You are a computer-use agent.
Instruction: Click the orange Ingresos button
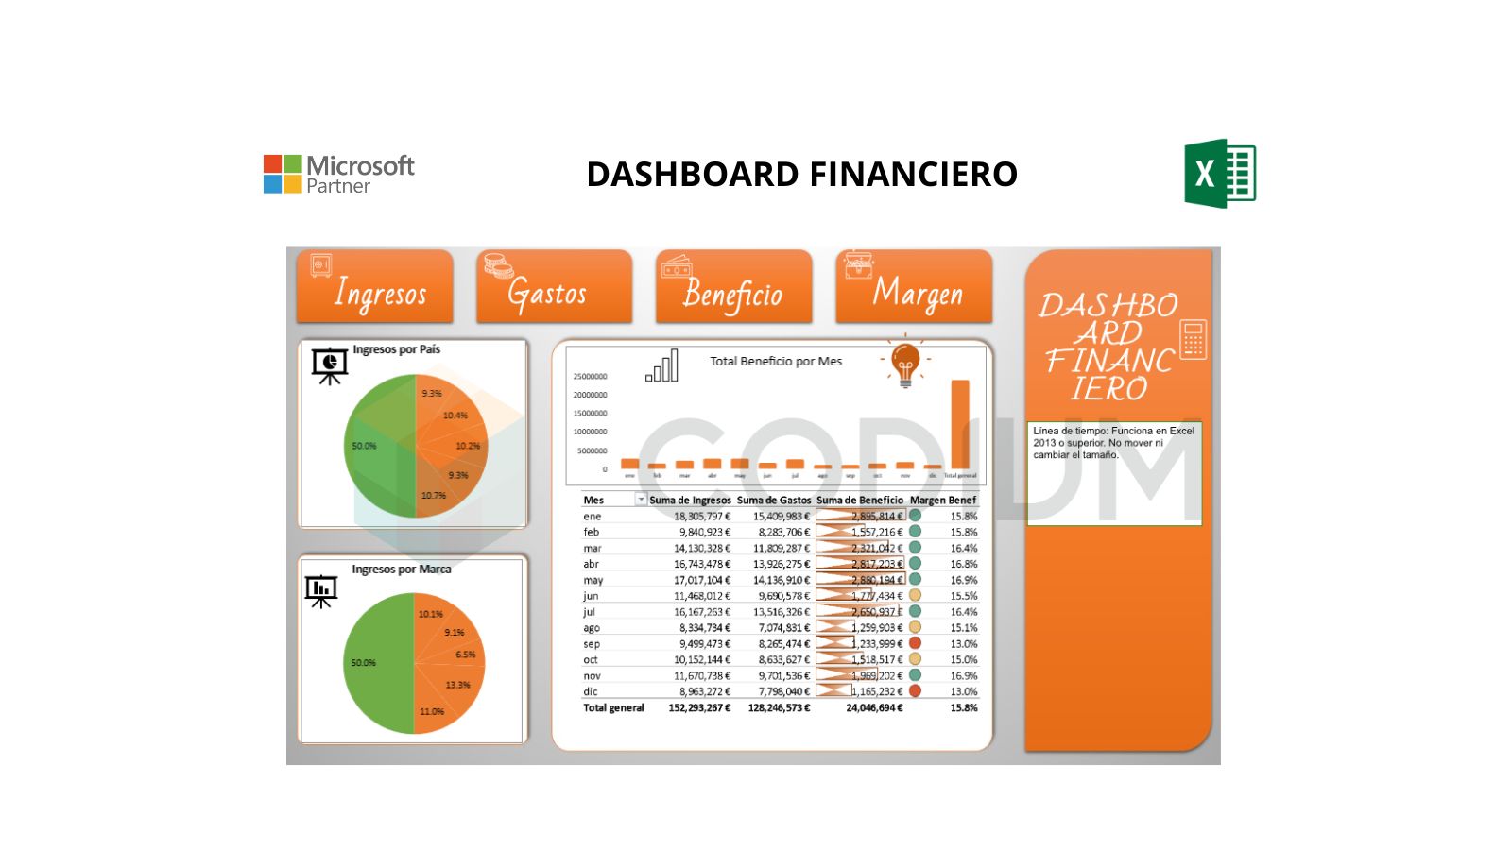tap(374, 287)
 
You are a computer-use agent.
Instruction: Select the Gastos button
tap(554, 287)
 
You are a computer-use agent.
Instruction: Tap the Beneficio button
tap(733, 287)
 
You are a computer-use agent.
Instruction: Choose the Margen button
tap(914, 287)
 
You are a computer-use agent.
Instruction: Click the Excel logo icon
tap(1220, 174)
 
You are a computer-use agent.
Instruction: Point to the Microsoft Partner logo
tap(339, 175)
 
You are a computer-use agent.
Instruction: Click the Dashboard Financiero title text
tap(801, 175)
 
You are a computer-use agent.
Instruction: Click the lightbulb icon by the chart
tap(905, 365)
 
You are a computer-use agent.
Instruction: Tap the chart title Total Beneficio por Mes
tap(776, 361)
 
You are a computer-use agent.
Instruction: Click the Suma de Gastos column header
tap(774, 500)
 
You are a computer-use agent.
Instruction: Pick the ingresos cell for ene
tap(701, 517)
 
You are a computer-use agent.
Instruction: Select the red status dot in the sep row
tap(915, 643)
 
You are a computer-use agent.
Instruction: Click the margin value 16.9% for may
tap(963, 580)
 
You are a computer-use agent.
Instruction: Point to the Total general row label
tap(613, 707)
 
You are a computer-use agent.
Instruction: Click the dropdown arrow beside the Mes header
tap(641, 500)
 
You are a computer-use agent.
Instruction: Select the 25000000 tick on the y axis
tap(590, 377)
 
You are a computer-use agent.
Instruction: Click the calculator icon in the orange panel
tap(1194, 339)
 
